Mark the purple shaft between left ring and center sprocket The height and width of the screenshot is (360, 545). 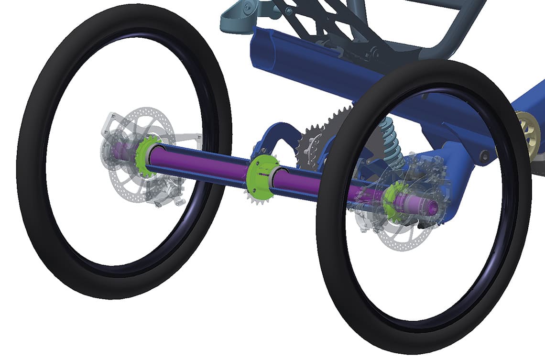coord(201,163)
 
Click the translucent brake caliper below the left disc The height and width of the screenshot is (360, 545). coord(163,191)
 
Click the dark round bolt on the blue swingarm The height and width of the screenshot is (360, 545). coord(483,155)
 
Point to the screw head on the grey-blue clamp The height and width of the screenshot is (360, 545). coord(247,6)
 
